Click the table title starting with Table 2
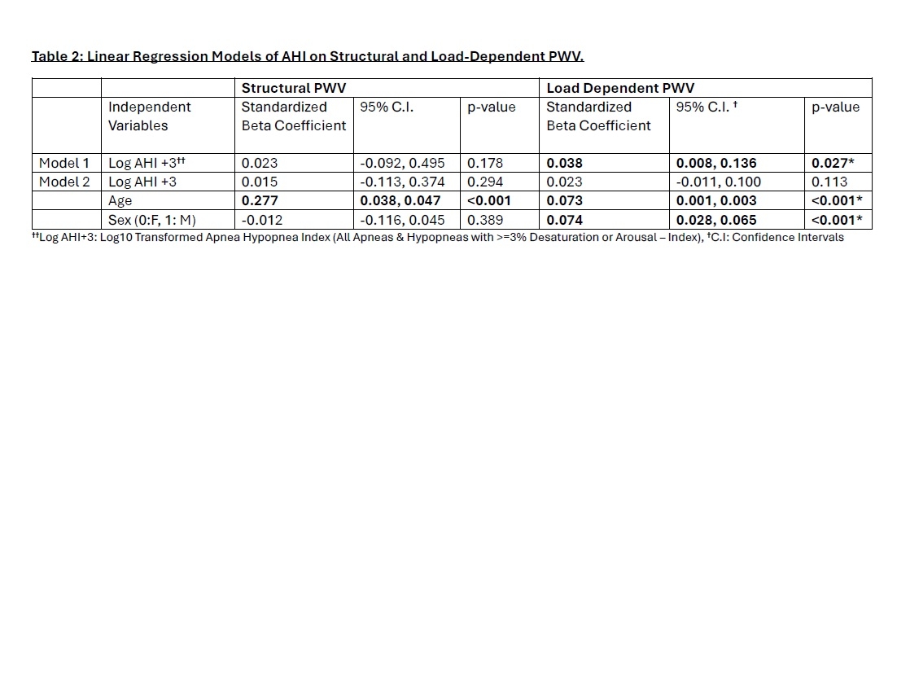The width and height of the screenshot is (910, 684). (308, 56)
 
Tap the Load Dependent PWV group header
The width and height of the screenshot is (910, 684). (619, 88)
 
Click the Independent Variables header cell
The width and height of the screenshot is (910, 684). (150, 116)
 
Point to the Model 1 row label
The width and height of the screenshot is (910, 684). (64, 163)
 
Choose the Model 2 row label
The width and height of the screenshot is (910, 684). (64, 182)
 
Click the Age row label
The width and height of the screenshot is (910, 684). (120, 200)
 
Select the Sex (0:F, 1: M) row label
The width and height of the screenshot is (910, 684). (152, 220)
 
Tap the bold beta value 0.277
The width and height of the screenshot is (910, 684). (260, 200)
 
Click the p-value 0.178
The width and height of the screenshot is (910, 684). (485, 163)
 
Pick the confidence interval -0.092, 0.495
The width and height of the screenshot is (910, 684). (402, 163)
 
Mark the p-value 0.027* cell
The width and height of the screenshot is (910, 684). (833, 163)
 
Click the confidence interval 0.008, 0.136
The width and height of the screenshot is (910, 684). (716, 163)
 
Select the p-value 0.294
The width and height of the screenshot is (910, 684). (485, 182)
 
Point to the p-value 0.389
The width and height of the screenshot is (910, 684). (485, 220)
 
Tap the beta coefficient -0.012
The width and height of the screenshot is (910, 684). (260, 220)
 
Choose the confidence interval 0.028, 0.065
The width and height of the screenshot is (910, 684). (716, 220)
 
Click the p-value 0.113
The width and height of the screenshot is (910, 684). (829, 182)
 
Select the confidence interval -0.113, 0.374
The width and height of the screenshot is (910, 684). (402, 182)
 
